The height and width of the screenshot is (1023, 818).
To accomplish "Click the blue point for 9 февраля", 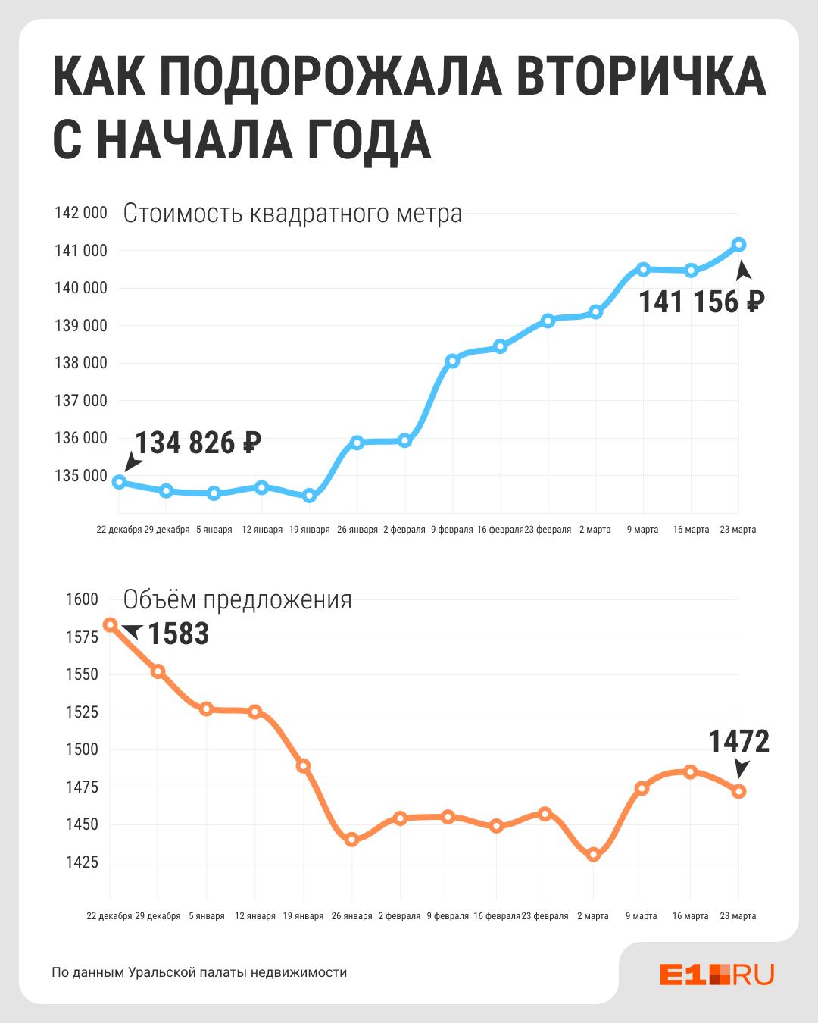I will [452, 361].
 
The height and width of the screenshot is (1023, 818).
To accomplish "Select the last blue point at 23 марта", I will [739, 244].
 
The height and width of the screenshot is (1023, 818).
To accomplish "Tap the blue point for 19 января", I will [309, 496].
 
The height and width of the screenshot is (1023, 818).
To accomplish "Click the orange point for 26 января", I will [351, 840].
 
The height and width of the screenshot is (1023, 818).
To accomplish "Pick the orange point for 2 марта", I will [593, 855].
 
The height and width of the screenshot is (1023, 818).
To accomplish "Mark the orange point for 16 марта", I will [690, 772].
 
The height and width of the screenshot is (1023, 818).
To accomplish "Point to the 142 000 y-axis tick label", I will [81, 213].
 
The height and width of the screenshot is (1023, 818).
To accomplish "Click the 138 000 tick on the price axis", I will [81, 363].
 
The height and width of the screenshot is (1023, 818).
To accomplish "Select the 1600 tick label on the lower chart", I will [82, 599].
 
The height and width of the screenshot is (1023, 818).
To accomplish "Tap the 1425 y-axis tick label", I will [82, 862].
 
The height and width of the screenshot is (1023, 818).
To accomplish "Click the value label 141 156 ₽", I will [701, 302].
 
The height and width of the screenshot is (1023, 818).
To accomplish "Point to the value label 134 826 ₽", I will [198, 443].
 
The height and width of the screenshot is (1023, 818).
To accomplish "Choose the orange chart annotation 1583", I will [178, 634].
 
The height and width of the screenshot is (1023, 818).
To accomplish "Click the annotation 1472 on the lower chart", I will [738, 742].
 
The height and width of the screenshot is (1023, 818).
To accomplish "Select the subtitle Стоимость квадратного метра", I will [292, 213].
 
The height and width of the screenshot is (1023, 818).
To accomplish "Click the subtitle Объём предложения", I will [237, 599].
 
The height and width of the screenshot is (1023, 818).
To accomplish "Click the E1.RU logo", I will [717, 975].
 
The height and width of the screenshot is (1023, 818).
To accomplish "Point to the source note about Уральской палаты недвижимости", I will [199, 972].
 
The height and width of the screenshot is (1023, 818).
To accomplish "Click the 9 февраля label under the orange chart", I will [448, 916].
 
